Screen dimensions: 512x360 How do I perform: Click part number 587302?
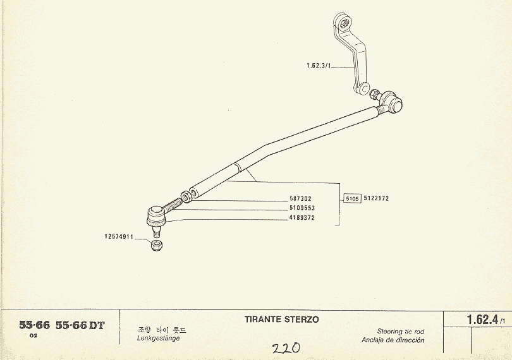[x=300, y=198]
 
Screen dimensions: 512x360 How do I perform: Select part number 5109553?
[x=302, y=208]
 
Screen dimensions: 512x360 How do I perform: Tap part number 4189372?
[x=302, y=218]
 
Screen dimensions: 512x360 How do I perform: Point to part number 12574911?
[x=119, y=237]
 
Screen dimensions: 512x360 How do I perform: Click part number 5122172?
[x=376, y=198]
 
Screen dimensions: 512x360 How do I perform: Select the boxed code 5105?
[x=352, y=198]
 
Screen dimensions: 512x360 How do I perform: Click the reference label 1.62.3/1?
[x=319, y=66]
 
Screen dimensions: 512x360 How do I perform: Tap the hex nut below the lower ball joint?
[x=157, y=245]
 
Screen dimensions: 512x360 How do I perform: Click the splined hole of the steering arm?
[x=344, y=23]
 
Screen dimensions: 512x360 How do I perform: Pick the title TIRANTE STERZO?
[x=281, y=319]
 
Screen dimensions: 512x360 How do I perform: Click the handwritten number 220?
[x=286, y=348]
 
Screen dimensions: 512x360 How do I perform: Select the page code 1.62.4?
[x=482, y=320]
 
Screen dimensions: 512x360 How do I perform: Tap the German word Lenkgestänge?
[x=159, y=339]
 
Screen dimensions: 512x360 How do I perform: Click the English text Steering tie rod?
[x=401, y=332]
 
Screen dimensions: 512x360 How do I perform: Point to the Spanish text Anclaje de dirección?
[x=393, y=340]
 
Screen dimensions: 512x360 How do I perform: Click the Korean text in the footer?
[x=161, y=330]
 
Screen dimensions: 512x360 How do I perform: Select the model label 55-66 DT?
[x=80, y=325]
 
